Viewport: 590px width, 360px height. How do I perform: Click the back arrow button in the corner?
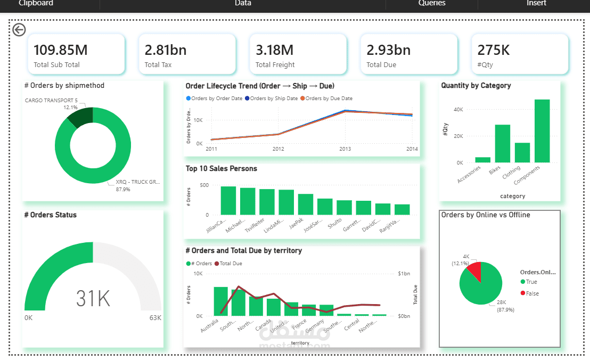pos(19,30)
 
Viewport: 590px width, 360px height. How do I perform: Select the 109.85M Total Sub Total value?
pos(61,50)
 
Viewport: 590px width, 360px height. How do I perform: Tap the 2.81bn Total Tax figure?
pos(166,50)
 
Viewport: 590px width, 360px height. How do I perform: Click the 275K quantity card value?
pos(494,50)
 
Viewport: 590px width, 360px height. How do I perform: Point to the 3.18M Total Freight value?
pos(275,50)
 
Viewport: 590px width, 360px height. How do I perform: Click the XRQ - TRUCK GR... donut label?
pos(137,182)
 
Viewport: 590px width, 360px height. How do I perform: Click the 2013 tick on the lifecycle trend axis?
pos(345,149)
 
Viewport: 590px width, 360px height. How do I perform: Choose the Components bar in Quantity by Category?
pos(542,130)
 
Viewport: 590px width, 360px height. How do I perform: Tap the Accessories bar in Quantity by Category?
pos(483,160)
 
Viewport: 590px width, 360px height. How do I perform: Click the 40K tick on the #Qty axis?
pos(458,109)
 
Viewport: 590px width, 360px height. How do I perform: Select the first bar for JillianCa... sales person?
pos(228,200)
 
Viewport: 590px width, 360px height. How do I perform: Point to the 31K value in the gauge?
pos(93,299)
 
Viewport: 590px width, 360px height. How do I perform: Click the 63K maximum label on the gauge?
pos(155,318)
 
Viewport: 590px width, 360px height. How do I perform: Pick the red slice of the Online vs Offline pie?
pos(474,271)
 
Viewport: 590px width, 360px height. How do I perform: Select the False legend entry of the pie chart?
pos(532,293)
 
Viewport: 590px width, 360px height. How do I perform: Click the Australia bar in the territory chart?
pos(220,301)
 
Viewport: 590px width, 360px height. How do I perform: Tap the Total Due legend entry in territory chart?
pos(231,264)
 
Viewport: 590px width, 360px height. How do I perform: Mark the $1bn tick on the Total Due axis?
pos(404,274)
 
